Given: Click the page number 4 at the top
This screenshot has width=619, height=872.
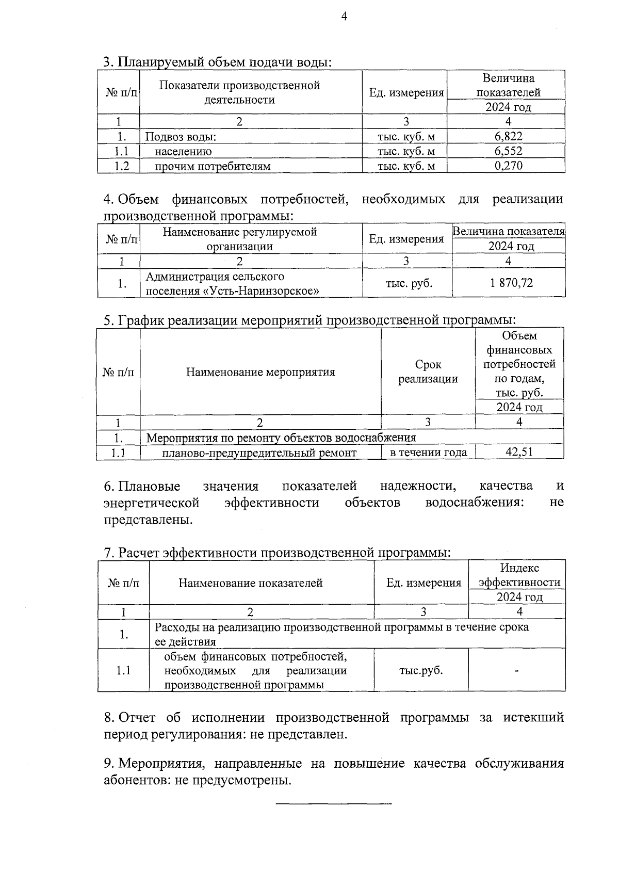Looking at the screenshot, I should pos(345,17).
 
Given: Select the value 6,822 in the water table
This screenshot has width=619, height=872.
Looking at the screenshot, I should pos(508,136).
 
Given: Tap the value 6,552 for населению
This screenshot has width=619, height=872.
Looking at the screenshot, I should pos(508,151).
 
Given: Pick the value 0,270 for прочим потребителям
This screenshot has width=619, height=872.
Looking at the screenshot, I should pos(508,165).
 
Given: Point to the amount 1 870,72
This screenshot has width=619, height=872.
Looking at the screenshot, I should pos(508,283).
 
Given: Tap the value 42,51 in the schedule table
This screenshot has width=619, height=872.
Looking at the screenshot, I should pos(519,452).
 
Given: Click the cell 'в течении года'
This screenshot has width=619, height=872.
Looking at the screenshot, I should pos(428,453).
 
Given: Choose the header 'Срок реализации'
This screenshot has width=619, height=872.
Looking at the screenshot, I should pos(428,372).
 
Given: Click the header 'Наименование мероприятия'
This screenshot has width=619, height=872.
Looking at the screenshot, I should pos(260,372).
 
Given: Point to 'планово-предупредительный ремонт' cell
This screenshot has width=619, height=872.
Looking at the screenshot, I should pos(259,453).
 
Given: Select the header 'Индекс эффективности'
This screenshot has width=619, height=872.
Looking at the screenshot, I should pos(519,575).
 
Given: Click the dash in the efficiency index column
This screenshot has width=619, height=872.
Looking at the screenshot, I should pos(516,671).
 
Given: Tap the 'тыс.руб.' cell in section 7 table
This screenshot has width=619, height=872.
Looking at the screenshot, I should pos(421,671).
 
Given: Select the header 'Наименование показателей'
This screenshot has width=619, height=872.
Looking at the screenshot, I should pos(251,583).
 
